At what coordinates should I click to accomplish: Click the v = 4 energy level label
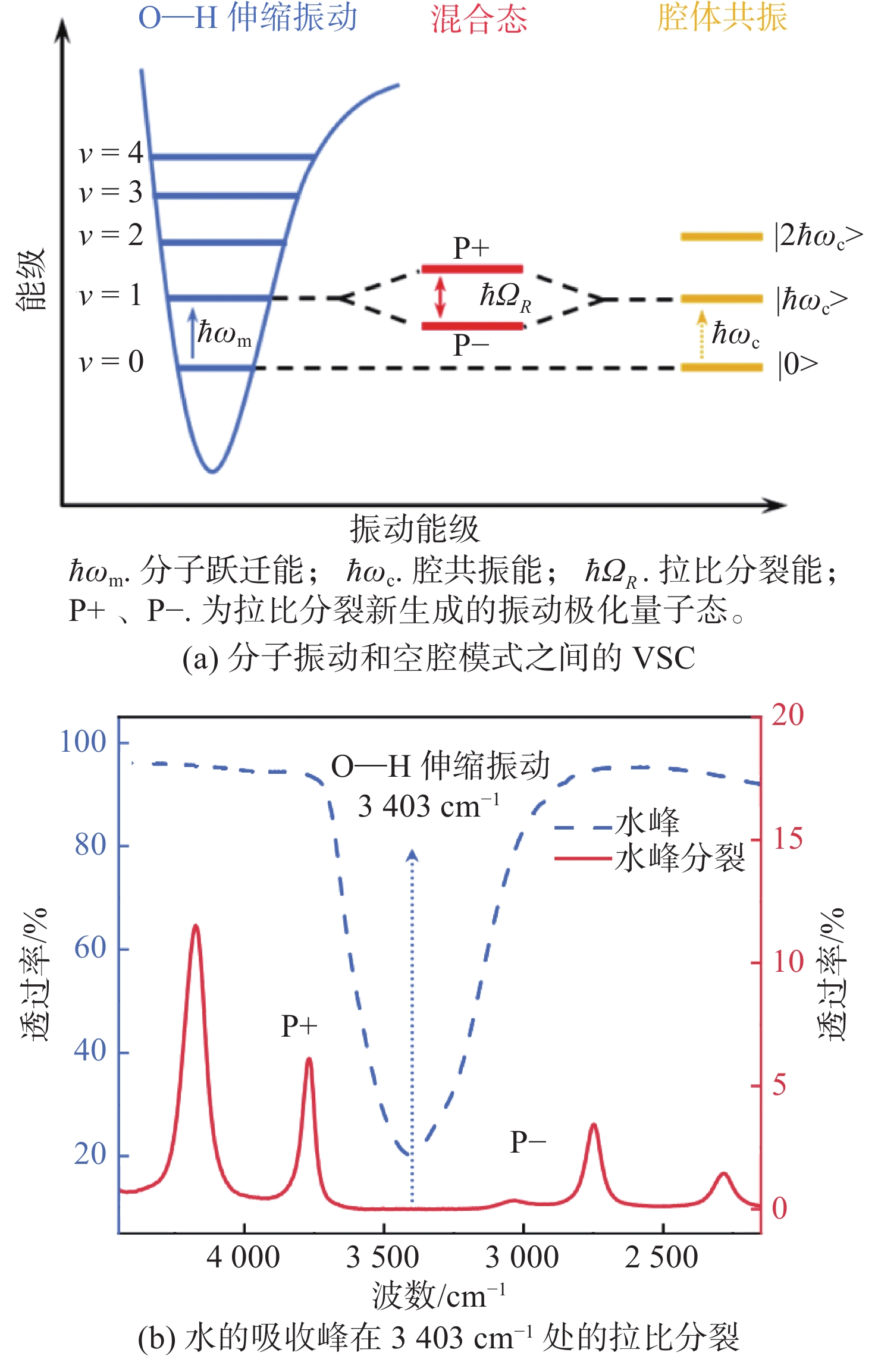(111, 153)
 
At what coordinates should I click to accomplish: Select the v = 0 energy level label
(111, 362)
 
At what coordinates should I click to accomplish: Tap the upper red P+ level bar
(472, 269)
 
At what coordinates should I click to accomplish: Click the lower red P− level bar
(472, 326)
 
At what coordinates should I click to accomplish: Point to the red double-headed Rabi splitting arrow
(440, 297)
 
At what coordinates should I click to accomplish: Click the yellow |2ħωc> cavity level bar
(722, 237)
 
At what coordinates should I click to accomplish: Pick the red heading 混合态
(479, 18)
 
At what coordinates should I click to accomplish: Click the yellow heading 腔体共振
(722, 17)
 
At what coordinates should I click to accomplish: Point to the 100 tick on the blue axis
(83, 742)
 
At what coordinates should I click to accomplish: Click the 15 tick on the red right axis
(788, 839)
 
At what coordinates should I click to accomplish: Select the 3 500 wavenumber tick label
(383, 1257)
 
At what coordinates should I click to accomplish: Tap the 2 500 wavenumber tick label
(661, 1257)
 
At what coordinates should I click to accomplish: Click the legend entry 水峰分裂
(680, 858)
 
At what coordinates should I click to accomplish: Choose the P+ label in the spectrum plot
(299, 1026)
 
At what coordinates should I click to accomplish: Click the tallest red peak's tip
(195, 925)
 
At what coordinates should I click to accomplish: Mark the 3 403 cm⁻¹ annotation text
(428, 806)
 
